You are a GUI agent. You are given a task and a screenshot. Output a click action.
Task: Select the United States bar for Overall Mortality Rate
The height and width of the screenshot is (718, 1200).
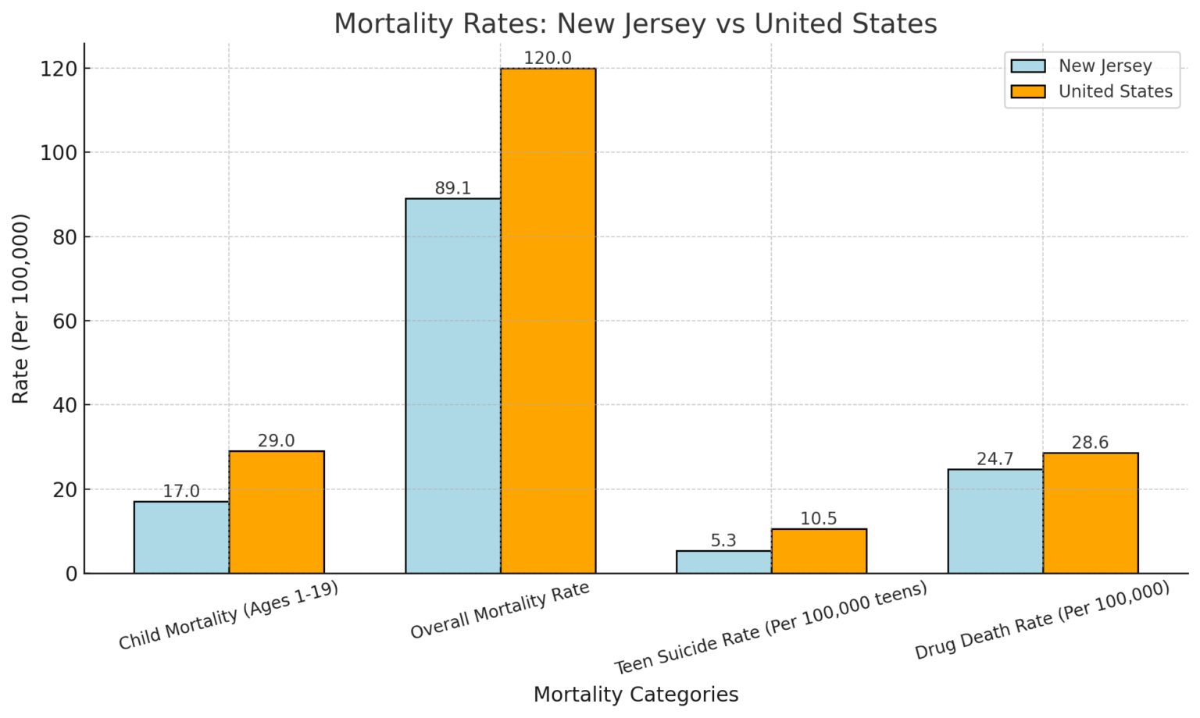click(548, 321)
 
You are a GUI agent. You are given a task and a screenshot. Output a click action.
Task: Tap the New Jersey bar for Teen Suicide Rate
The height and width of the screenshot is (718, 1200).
click(723, 562)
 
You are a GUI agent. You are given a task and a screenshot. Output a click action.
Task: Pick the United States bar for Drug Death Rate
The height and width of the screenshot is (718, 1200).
click(1090, 513)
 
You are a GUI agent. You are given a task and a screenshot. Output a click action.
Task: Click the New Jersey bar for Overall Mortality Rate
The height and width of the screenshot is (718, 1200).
click(452, 386)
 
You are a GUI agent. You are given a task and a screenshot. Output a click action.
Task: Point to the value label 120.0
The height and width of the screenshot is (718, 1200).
click(548, 59)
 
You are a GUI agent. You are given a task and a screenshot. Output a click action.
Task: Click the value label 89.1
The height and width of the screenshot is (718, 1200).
click(452, 188)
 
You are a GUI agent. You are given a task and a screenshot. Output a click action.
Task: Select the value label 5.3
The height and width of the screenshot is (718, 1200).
click(723, 541)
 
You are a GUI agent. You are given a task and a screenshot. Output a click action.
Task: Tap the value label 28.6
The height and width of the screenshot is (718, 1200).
click(1090, 443)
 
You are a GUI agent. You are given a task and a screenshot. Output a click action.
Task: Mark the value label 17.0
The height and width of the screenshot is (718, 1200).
click(181, 492)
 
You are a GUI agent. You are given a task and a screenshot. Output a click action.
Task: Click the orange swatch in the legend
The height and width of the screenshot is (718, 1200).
click(1027, 91)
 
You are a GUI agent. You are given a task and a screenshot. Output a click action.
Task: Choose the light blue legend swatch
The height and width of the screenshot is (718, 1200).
click(1027, 66)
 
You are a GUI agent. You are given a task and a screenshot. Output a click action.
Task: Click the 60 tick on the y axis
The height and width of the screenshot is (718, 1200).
click(66, 321)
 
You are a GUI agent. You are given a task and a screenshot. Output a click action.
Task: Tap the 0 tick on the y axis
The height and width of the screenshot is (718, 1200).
click(72, 574)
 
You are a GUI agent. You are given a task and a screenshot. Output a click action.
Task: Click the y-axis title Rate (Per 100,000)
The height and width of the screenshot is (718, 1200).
click(21, 308)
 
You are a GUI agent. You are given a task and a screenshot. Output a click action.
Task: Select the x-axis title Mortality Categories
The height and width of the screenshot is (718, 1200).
click(635, 695)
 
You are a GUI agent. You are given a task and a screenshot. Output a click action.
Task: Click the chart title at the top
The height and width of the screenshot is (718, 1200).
click(635, 23)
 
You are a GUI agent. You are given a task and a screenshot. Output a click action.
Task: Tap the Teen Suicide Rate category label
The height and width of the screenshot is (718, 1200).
click(770, 628)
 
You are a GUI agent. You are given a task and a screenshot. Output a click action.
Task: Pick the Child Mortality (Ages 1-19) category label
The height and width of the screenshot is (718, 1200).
click(229, 617)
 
